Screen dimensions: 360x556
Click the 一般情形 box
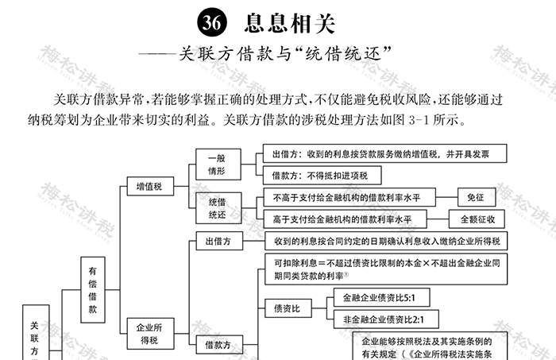tap(217, 164)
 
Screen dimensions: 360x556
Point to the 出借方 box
tap(218, 241)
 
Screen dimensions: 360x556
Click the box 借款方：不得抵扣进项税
tap(316, 175)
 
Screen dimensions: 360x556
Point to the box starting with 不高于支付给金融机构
tap(342, 197)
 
